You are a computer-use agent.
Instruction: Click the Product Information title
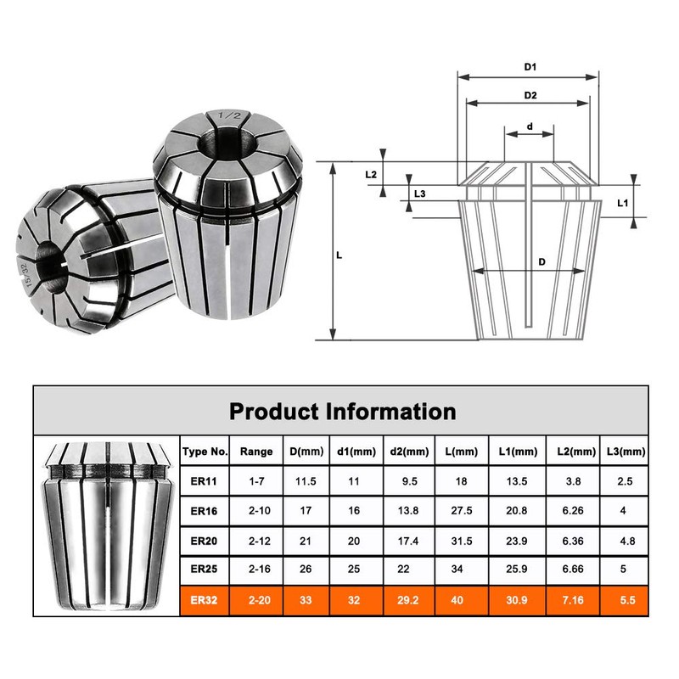tap(342, 412)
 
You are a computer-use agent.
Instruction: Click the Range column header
tap(256, 452)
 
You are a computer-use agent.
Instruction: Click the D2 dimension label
tap(530, 95)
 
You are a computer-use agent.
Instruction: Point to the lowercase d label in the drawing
tap(530, 126)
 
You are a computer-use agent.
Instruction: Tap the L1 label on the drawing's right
tap(621, 204)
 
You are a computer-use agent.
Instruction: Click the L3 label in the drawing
tap(419, 194)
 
